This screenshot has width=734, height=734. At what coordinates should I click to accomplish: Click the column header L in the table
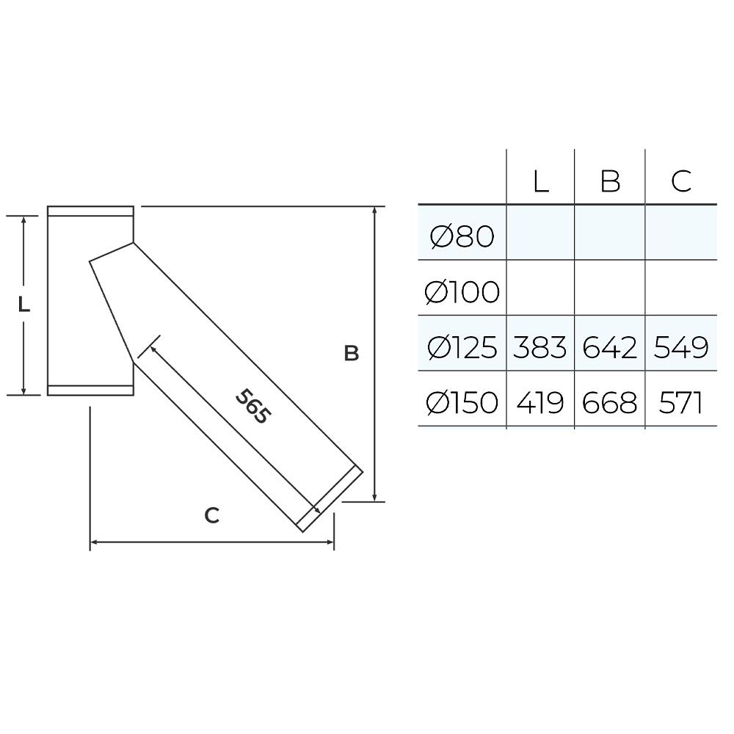point(541,181)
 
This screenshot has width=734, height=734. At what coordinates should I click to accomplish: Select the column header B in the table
point(610,181)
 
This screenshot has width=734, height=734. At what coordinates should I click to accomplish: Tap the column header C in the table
point(681,181)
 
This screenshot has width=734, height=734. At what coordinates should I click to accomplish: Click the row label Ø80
point(462,236)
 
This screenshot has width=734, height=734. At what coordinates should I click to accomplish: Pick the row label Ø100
point(462,291)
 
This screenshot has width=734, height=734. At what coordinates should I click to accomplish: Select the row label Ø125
point(462,347)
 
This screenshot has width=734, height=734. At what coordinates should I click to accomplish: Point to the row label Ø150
point(462,402)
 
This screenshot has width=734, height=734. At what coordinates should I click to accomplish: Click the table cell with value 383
point(539,347)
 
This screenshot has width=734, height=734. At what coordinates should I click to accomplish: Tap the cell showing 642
point(609,347)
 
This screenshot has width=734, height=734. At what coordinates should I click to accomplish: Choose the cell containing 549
point(681,347)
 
